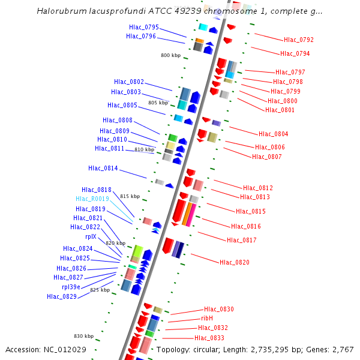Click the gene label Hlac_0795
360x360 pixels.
144,27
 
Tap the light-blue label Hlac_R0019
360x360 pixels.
92,199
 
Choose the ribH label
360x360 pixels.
207,318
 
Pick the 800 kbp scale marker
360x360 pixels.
170,55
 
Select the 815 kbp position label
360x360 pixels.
130,196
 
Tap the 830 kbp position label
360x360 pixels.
83,336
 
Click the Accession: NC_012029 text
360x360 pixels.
46,349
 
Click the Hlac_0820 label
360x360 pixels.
235,262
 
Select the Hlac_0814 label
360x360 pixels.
103,168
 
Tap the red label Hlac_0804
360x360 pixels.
273,134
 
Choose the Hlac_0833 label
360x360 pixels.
209,338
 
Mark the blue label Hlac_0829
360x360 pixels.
62,296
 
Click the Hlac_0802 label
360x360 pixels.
129,82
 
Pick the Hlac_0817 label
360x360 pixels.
242,240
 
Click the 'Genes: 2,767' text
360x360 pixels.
334,349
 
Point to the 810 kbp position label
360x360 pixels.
144,149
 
